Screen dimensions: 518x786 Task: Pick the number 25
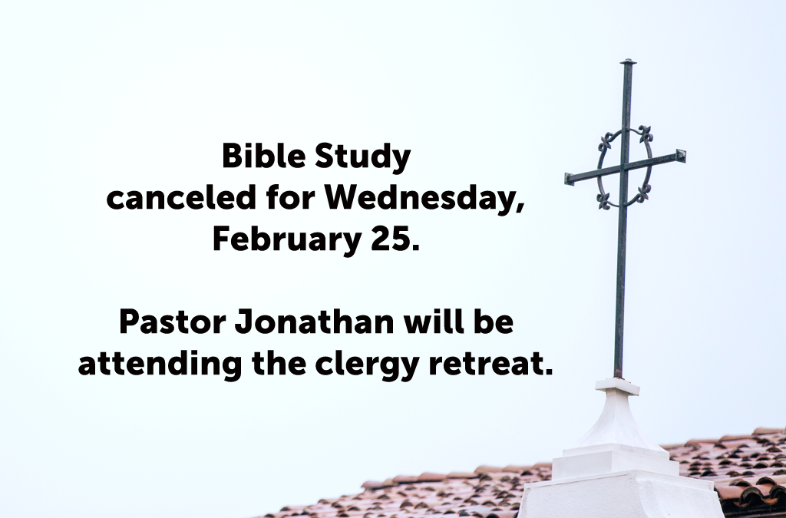click(400, 239)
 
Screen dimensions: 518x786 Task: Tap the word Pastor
click(170, 322)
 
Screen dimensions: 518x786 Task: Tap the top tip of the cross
click(628, 61)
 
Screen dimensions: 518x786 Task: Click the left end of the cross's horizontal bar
click(568, 179)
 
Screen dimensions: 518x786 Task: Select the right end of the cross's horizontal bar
click(682, 156)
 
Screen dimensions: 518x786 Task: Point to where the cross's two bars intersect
click(624, 167)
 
